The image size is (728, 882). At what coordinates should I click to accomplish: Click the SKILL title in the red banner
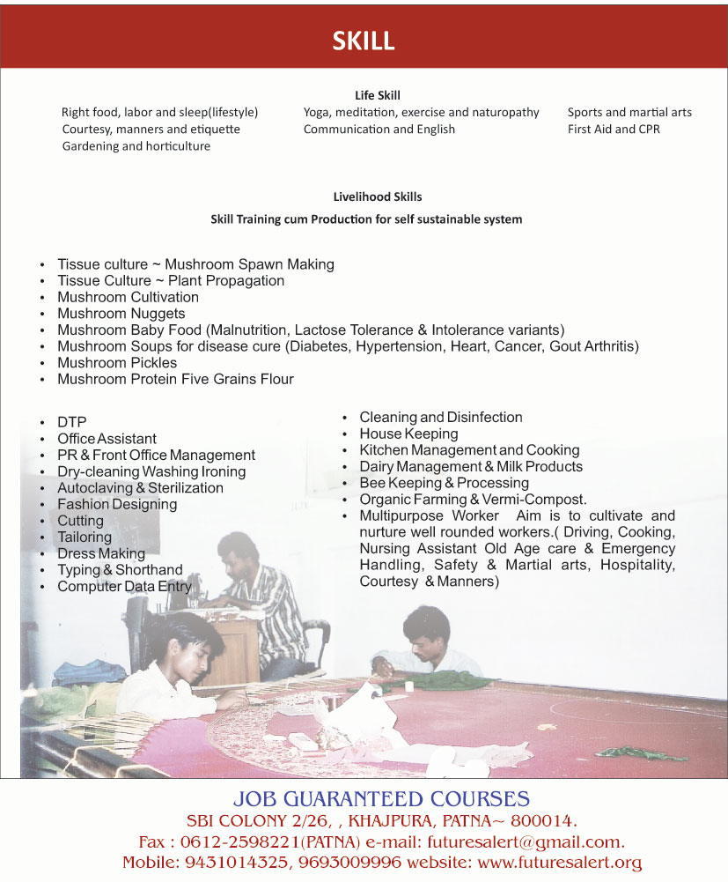[x=363, y=41]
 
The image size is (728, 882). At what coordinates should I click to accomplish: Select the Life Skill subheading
[x=377, y=95]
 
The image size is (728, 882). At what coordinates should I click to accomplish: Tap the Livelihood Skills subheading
[x=377, y=196]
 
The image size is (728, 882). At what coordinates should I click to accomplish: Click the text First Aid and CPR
[x=614, y=129]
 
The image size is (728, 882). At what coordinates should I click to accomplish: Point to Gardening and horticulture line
[x=136, y=146]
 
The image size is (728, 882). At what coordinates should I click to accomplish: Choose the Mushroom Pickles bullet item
[x=117, y=363]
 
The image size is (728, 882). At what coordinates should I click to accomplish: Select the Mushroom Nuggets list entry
[x=121, y=314]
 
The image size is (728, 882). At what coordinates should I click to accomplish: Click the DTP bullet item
[x=72, y=422]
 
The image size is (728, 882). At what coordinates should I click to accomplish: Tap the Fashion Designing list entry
[x=117, y=505]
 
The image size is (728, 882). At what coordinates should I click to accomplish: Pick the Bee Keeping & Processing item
[x=444, y=483]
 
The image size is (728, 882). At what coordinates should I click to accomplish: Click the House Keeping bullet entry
[x=408, y=434]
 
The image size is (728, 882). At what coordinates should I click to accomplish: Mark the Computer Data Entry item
[x=124, y=587]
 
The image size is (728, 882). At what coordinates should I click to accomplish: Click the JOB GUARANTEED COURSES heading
[x=381, y=799]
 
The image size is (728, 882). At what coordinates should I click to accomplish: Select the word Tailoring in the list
[x=85, y=537]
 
